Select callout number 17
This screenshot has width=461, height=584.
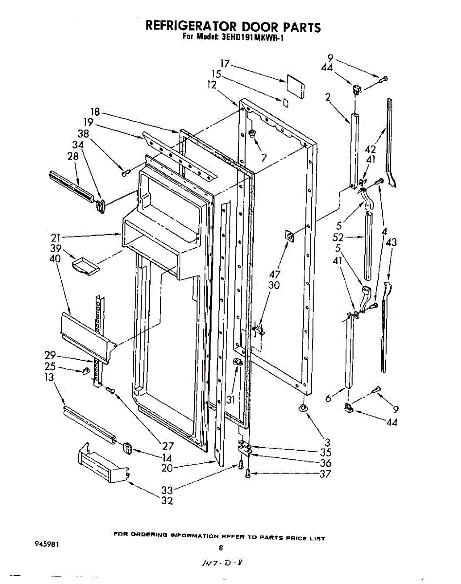coord(224,64)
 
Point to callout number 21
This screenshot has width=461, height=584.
coord(56,238)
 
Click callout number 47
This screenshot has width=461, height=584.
coord(275,274)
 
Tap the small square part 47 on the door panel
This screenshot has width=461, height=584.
coord(289,236)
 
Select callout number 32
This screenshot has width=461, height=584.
coord(167,500)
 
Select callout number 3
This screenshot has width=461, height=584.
coord(328,442)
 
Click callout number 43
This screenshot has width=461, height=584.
coord(391,241)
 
